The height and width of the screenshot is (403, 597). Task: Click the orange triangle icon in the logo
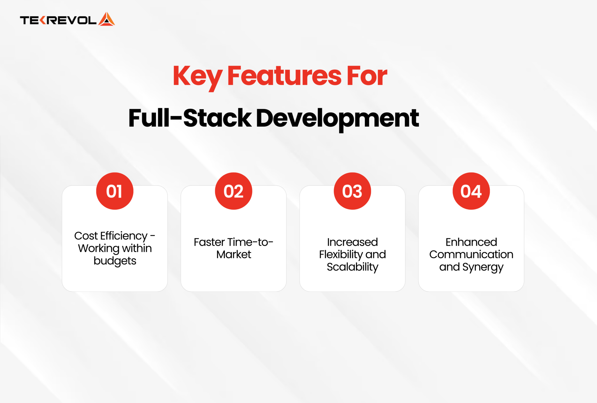click(x=106, y=20)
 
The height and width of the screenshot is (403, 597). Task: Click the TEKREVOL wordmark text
click(x=58, y=20)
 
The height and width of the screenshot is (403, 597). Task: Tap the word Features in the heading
click(x=284, y=76)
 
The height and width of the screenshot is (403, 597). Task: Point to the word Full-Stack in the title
click(x=189, y=118)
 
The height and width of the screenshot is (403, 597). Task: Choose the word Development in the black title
click(x=337, y=118)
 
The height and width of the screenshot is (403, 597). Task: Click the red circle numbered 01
click(x=115, y=191)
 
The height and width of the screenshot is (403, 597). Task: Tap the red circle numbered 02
click(x=233, y=191)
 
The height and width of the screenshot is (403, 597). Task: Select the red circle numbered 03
click(x=352, y=191)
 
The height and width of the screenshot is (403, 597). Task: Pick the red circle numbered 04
click(x=471, y=191)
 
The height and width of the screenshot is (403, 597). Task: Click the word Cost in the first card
click(x=86, y=236)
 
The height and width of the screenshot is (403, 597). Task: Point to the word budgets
click(x=115, y=261)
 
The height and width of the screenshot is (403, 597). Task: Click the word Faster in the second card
click(x=209, y=242)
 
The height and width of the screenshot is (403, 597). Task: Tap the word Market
click(x=233, y=255)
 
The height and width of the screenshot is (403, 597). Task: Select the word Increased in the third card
click(x=352, y=242)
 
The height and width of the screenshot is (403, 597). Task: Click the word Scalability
click(x=352, y=267)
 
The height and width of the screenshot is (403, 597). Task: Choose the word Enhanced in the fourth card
click(x=471, y=242)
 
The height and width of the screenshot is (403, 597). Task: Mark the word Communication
click(x=471, y=255)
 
